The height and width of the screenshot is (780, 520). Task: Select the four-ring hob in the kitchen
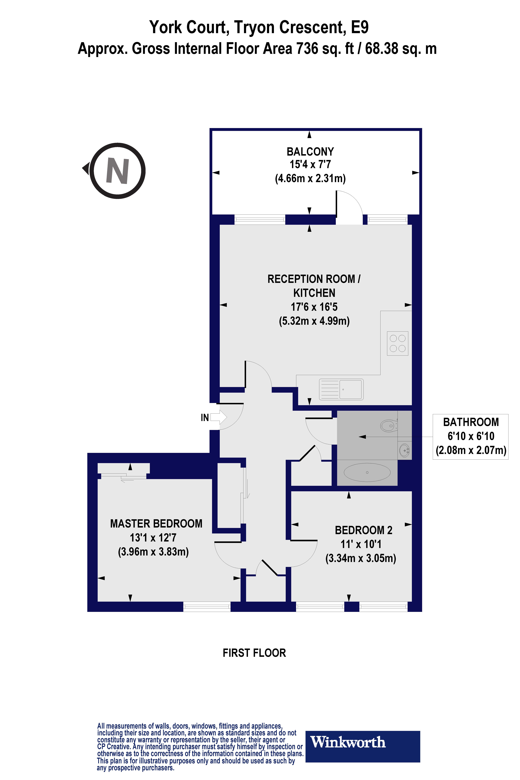pyautogui.click(x=397, y=343)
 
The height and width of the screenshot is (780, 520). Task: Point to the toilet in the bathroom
pyautogui.click(x=389, y=425)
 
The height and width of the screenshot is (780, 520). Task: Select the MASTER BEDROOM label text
pyautogui.click(x=156, y=524)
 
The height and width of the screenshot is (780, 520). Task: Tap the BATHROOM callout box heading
pyautogui.click(x=471, y=422)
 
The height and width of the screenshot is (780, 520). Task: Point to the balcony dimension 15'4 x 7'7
pyautogui.click(x=310, y=165)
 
